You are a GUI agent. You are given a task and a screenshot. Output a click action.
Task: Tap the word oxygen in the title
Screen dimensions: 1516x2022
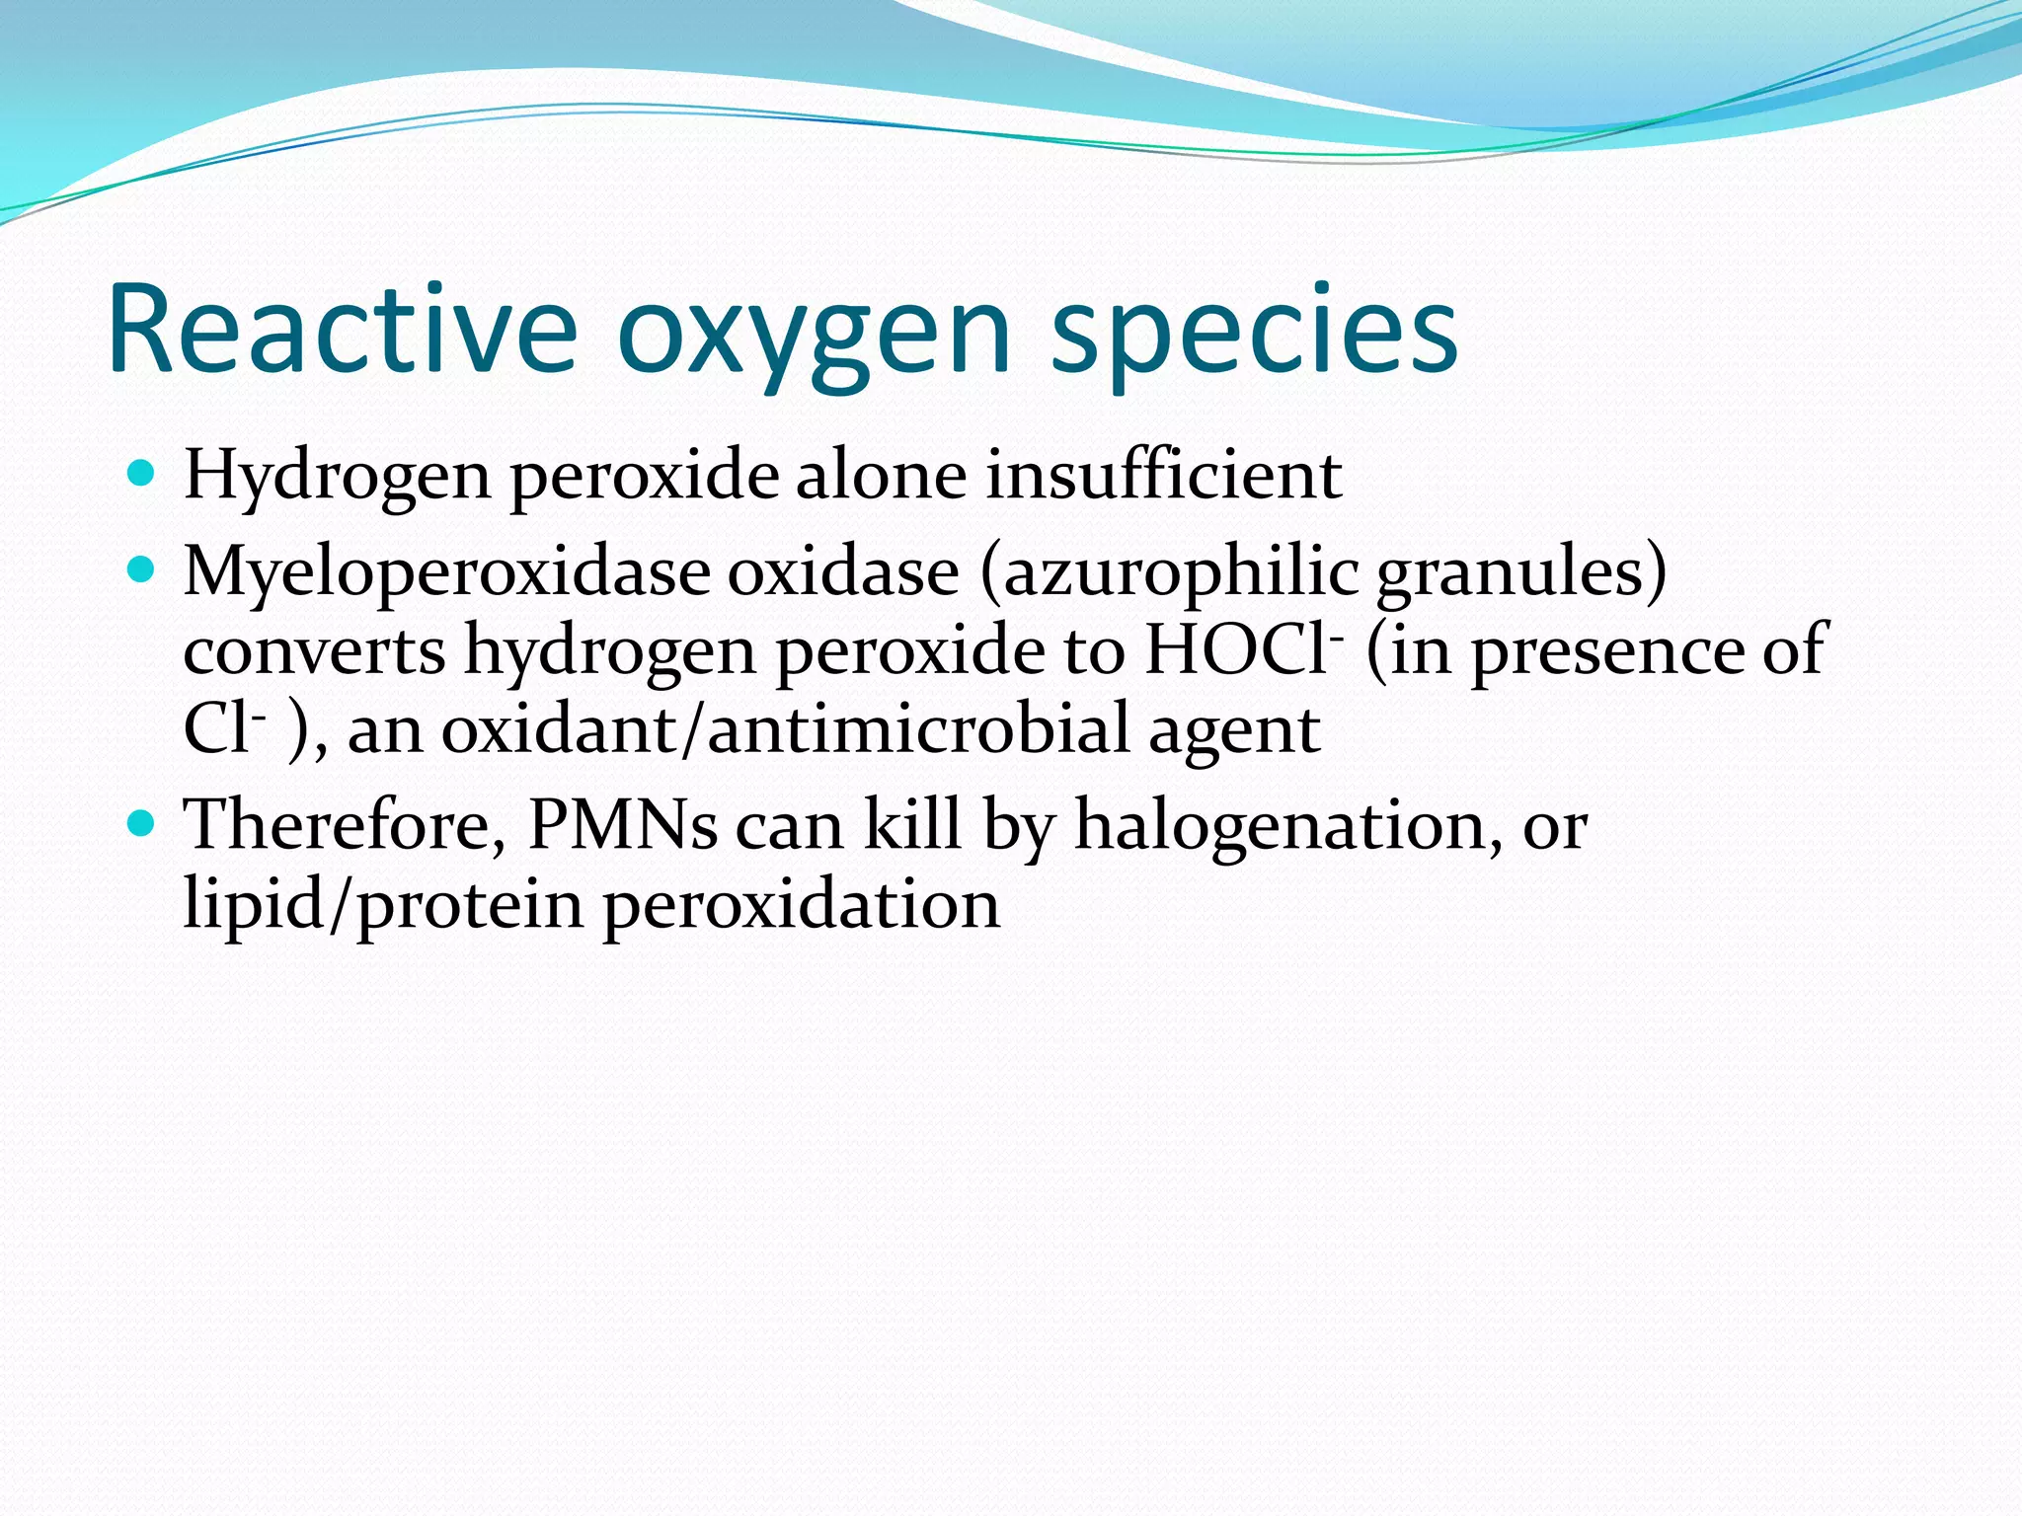[x=815, y=336]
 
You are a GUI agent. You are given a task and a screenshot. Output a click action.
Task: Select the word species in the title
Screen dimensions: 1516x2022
[x=1254, y=336]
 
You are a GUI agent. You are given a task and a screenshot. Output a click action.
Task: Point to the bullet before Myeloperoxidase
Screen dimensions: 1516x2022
[x=142, y=570]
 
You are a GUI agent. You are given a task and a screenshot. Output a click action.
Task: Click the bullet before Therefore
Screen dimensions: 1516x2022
[x=142, y=822]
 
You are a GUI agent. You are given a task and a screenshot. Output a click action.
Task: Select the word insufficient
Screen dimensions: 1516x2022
[x=1163, y=475]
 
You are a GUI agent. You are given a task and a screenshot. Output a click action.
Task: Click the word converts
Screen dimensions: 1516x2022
[x=314, y=651]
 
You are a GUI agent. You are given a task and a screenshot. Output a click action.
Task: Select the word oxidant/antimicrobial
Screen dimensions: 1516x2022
[x=785, y=730]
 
